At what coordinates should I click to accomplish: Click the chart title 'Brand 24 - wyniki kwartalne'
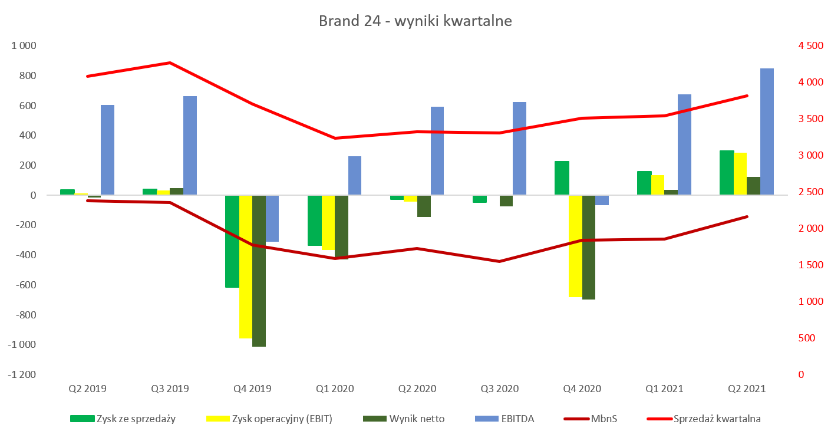(415, 21)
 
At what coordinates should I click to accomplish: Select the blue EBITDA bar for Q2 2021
(767, 131)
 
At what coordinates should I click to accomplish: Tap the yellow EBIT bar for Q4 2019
(246, 267)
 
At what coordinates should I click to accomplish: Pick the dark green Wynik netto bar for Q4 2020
(588, 247)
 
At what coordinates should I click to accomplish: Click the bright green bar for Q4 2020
(562, 178)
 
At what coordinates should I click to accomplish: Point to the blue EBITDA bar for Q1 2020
(355, 176)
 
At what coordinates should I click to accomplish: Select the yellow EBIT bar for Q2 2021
(740, 174)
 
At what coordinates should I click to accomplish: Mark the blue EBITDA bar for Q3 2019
(190, 146)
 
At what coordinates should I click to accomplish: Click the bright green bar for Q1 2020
(315, 221)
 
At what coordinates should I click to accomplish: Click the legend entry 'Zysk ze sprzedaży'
(123, 419)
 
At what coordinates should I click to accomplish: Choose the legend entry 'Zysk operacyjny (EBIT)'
(269, 419)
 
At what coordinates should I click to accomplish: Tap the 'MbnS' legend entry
(591, 419)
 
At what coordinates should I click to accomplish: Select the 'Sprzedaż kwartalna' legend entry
(704, 419)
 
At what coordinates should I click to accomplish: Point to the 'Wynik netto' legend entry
(404, 419)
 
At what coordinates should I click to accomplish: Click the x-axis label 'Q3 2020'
(499, 389)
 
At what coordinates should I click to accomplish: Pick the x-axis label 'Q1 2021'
(664, 389)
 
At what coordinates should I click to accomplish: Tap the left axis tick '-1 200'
(22, 374)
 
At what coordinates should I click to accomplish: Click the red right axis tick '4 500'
(810, 45)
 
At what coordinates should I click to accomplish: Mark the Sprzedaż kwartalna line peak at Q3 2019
(170, 62)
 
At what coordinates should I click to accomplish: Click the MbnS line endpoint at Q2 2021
(747, 216)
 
